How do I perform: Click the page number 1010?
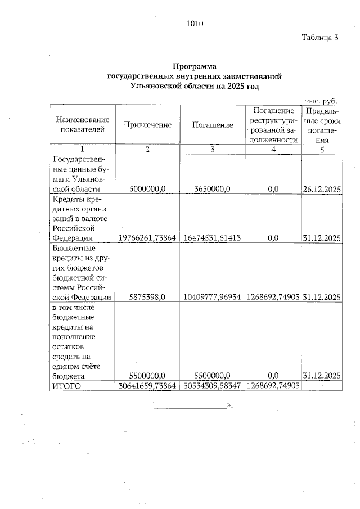pos(193,24)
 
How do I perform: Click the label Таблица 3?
pos(319,38)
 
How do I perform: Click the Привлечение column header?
pos(147,125)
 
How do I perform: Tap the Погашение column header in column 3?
pos(212,125)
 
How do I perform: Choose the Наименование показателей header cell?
pos(82,125)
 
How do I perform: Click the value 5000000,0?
pos(147,190)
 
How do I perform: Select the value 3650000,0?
pos(212,190)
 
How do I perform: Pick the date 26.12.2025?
pos(322,190)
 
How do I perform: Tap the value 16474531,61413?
pos(212,238)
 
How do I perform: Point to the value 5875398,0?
pos(147,297)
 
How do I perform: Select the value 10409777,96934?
pos(212,297)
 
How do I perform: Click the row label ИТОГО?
pos(66,386)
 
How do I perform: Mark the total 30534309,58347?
pos(212,386)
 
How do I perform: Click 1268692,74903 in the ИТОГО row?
pos(273,386)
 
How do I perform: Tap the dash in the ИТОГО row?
pos(322,386)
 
